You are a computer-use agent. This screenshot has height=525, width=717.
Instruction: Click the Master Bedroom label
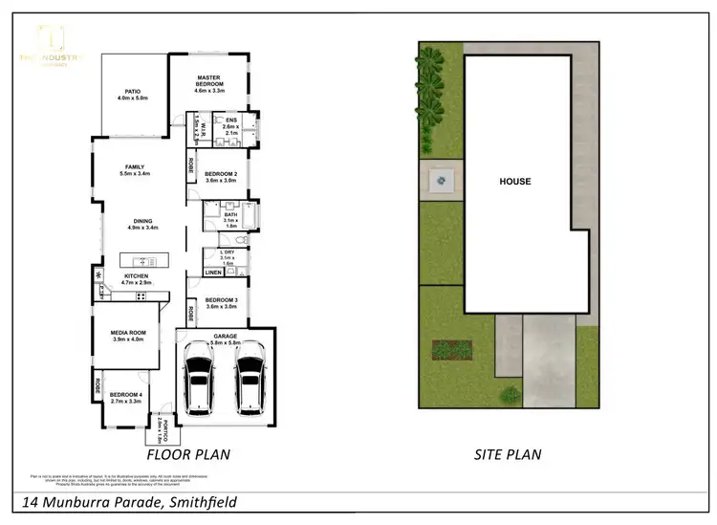coord(209,83)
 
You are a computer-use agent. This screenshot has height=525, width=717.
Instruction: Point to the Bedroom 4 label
coord(126,398)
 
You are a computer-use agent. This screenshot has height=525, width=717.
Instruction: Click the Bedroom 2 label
coord(221,176)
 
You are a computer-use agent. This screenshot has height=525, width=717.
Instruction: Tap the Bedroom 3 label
coord(221,302)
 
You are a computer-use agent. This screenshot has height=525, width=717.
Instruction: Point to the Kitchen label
coord(136,279)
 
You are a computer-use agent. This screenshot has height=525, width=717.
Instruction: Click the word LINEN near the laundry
coord(212,273)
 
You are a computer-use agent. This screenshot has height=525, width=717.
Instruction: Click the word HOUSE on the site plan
coord(514,181)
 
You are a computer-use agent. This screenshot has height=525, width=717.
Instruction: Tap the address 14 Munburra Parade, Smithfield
coord(129,501)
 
